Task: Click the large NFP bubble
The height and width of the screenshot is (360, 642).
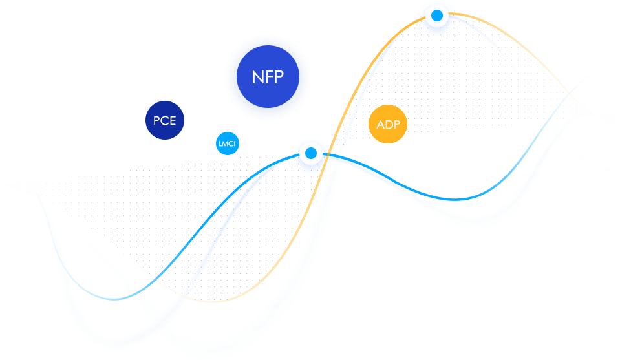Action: [268, 78]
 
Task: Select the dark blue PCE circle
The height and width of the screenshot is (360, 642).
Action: [165, 120]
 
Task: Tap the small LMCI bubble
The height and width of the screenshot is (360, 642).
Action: [227, 143]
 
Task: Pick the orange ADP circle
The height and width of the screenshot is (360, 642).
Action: [388, 124]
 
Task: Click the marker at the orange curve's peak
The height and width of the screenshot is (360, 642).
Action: [437, 15]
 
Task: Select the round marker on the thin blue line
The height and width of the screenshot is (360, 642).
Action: [311, 153]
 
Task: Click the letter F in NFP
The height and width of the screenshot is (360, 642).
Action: [267, 78]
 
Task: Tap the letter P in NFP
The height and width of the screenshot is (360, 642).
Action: [279, 78]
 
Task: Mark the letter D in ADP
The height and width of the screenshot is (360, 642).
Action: [388, 125]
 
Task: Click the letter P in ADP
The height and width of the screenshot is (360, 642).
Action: [396, 125]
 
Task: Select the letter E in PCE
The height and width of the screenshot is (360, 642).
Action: [173, 121]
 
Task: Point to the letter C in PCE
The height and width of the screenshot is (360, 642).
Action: [164, 121]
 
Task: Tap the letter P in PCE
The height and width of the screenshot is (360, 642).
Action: [156, 121]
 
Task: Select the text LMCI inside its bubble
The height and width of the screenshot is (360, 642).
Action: [227, 143]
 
